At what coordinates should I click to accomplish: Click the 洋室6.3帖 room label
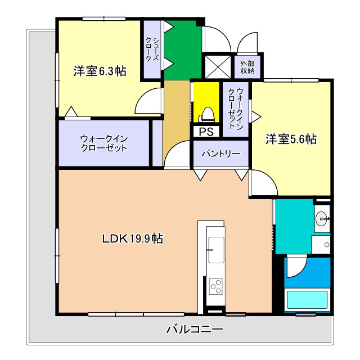(100, 71)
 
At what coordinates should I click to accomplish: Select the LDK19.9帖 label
(133, 239)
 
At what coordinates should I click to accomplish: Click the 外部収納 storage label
(247, 67)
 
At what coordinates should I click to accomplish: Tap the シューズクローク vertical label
(152, 49)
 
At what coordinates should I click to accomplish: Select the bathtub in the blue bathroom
(308, 299)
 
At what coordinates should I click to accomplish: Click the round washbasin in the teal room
(322, 218)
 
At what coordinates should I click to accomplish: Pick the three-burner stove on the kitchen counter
(216, 287)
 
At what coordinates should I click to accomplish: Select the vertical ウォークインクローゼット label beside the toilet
(236, 110)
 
